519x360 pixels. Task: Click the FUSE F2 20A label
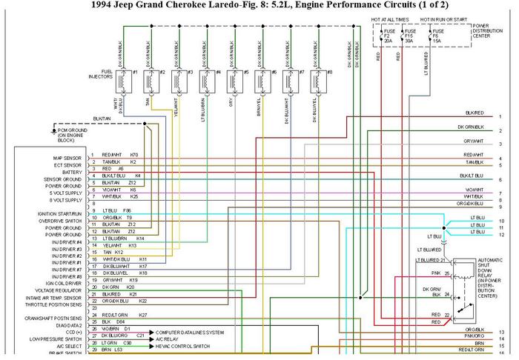pos(388,35)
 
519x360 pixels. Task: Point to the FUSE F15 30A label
pos(408,35)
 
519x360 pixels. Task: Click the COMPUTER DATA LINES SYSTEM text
pos(189,333)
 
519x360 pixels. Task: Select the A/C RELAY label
pos(167,339)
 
